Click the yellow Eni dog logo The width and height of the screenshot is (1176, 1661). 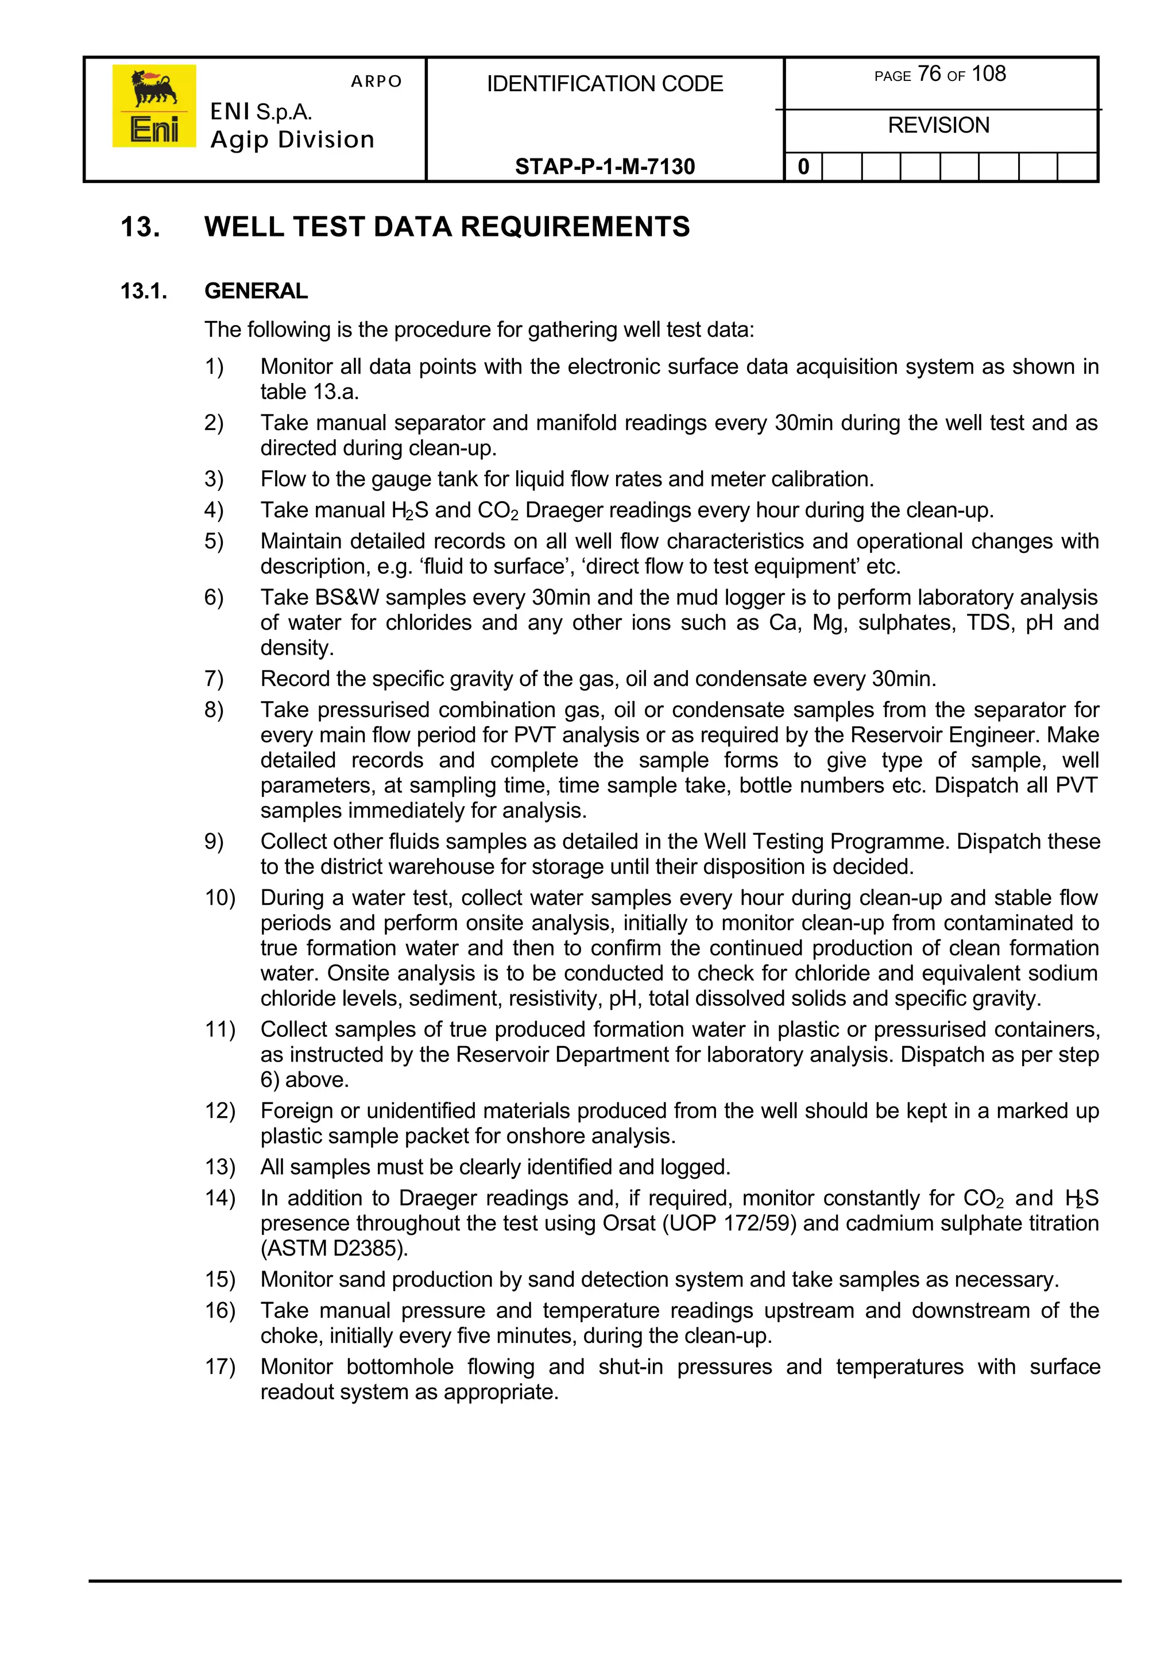tap(153, 106)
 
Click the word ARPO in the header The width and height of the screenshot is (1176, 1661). tap(376, 81)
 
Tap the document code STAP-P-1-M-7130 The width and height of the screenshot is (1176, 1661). tap(604, 167)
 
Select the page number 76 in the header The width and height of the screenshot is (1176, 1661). tap(929, 74)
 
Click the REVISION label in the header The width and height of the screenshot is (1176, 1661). tap(938, 125)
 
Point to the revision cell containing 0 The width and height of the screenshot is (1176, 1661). tap(803, 167)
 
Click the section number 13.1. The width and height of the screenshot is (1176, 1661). tap(144, 291)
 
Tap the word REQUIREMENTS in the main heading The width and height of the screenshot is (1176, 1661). tap(575, 227)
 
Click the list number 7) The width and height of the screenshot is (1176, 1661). tap(214, 679)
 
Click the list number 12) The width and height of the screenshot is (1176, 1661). tap(219, 1111)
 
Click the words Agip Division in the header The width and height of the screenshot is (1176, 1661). tap(292, 139)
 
